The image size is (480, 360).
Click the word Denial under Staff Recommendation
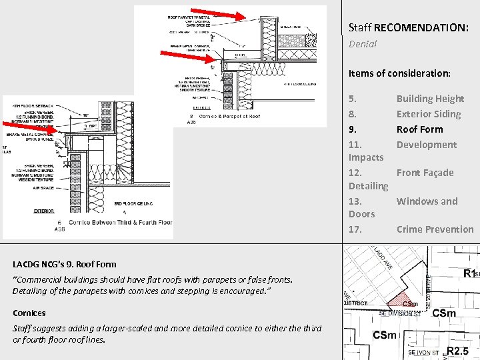363,44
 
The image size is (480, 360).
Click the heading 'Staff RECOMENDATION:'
408,28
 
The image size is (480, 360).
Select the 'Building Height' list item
430,99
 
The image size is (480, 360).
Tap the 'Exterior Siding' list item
429,114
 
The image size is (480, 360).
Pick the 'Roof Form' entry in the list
419,129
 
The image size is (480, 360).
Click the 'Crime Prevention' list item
435,229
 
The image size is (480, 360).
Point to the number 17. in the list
355,229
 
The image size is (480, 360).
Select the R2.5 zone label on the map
461,351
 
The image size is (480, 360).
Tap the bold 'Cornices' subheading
29,313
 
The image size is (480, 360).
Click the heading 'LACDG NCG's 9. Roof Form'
65,264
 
